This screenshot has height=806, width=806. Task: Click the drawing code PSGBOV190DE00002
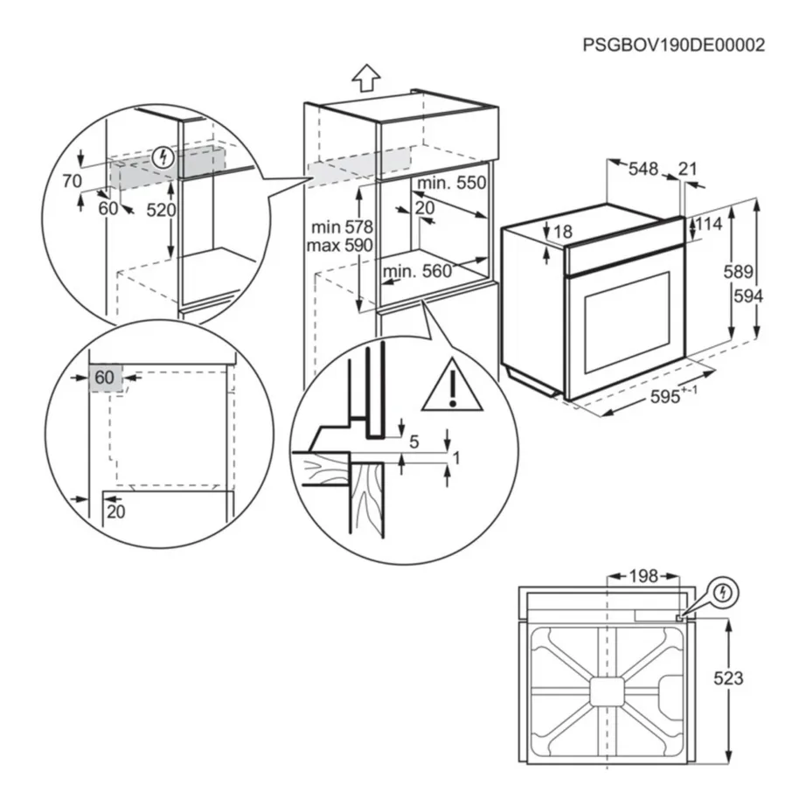click(x=673, y=45)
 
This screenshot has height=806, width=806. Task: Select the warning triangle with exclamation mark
click(x=452, y=386)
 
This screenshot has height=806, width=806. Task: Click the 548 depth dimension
click(x=643, y=170)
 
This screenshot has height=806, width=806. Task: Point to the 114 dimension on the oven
click(x=708, y=225)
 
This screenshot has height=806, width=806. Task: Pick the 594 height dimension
click(x=747, y=295)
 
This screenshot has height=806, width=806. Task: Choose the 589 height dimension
click(x=738, y=272)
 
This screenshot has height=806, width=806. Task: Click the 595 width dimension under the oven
click(x=668, y=397)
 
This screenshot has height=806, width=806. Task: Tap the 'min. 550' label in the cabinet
click(x=449, y=184)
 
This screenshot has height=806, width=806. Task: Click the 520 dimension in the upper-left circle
click(x=161, y=210)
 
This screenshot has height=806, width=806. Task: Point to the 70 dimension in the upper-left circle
click(x=72, y=181)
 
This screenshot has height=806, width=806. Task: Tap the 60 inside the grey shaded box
click(x=104, y=378)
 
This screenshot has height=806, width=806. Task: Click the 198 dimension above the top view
click(x=643, y=576)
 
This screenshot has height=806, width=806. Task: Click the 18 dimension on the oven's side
click(x=562, y=231)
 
